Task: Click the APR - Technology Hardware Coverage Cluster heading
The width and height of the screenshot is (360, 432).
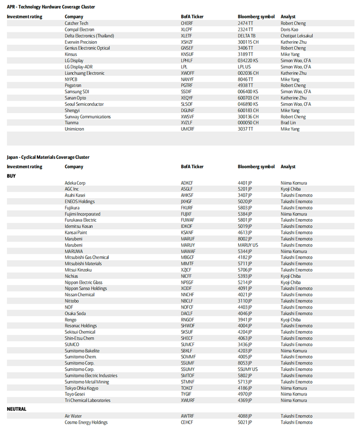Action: tap(51, 7)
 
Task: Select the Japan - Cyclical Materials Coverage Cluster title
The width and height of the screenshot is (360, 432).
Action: tap(48, 157)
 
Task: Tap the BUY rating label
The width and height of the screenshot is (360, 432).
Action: tap(11, 176)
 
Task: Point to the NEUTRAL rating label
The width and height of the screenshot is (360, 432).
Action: tap(16, 409)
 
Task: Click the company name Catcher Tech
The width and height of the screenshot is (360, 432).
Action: tap(76, 23)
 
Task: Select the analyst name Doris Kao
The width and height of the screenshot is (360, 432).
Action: tap(290, 29)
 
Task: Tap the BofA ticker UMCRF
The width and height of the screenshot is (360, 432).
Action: tap(188, 129)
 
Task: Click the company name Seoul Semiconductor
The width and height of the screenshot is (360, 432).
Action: tap(84, 104)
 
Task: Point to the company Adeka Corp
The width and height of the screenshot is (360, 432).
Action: tap(75, 183)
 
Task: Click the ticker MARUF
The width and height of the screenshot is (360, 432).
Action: tap(188, 239)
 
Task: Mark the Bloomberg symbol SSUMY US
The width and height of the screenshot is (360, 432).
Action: tap(248, 369)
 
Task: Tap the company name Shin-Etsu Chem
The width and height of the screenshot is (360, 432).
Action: tap(79, 338)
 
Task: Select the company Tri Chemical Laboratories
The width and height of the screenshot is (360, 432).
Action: tap(87, 400)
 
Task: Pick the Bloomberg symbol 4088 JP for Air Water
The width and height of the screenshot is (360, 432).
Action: tap(245, 416)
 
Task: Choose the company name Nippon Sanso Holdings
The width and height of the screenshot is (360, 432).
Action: tap(86, 289)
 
